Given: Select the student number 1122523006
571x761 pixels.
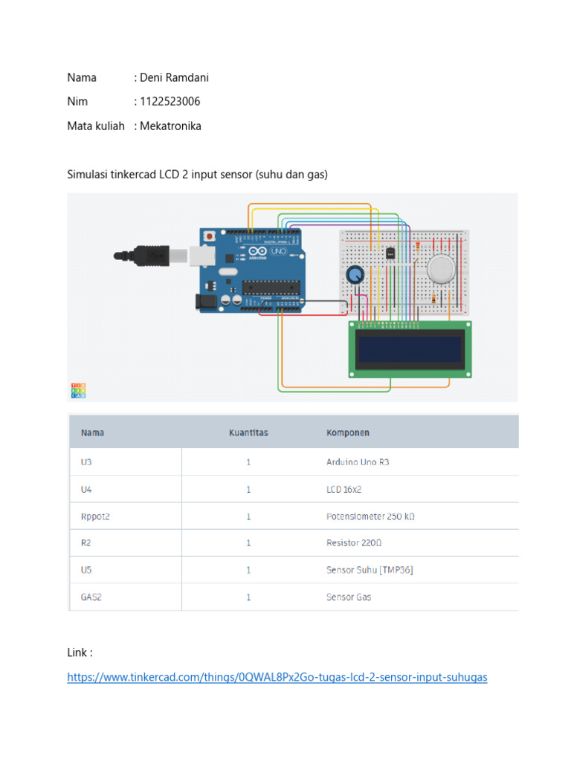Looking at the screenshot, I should [170, 101].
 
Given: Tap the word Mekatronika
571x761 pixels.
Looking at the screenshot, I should [170, 126].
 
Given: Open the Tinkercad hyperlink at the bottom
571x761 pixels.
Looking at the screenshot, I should [277, 677].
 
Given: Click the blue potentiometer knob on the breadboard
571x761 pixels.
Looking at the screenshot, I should [356, 276].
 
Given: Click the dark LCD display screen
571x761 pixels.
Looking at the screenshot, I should [409, 349].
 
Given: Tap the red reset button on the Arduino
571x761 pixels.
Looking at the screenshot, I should [210, 236].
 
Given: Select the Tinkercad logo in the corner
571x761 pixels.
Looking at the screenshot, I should [77, 390].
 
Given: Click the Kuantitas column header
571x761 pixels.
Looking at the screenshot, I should [248, 433].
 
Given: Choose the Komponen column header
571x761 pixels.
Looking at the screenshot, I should [348, 433].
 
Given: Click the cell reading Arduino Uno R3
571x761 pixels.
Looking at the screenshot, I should [358, 462].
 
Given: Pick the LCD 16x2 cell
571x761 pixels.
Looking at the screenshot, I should [344, 490].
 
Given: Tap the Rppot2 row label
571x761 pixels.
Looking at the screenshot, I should [95, 516].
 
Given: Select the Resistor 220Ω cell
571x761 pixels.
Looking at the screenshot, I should [353, 543].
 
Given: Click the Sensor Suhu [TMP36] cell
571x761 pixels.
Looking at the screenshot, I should [370, 570].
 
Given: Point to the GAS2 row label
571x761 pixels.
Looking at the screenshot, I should [91, 597].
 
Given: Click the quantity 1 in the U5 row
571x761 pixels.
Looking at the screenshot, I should [248, 570].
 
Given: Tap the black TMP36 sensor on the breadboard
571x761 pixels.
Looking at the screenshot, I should [390, 253].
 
